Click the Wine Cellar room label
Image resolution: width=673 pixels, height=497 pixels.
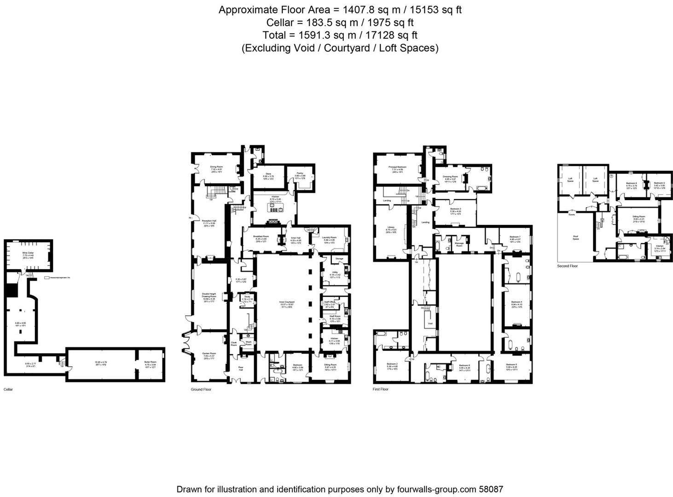click(x=28, y=253)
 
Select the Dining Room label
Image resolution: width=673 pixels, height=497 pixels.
click(x=216, y=167)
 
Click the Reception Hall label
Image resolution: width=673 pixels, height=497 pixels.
click(x=209, y=221)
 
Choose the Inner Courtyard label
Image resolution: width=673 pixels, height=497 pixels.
click(x=286, y=302)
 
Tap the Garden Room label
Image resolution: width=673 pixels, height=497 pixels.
click(x=209, y=353)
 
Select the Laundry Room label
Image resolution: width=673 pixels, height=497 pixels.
click(x=329, y=237)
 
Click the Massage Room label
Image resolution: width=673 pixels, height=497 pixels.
click(x=459, y=244)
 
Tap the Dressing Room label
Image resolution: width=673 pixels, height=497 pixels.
click(x=450, y=177)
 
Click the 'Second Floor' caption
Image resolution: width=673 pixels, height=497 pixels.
click(x=567, y=266)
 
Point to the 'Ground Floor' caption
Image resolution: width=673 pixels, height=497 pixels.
click(x=201, y=389)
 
